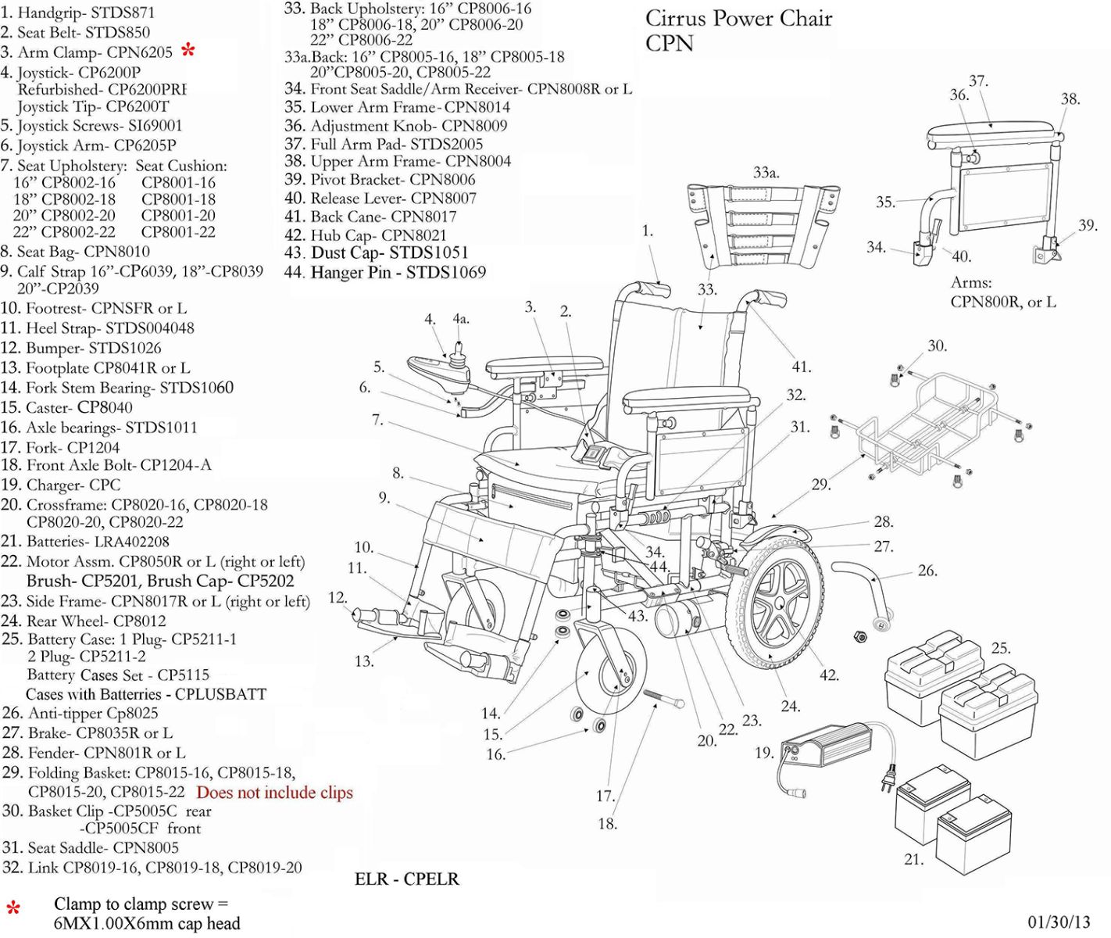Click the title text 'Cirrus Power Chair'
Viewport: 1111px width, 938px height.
coord(738,19)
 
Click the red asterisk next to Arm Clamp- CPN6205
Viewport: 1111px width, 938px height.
coord(188,52)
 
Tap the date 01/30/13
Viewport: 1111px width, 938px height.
coord(1058,922)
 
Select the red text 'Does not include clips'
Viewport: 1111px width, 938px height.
coord(274,793)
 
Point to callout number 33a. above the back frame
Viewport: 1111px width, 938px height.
coord(766,173)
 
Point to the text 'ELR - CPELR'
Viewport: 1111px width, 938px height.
coord(406,879)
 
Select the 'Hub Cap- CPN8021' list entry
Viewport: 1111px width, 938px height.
coord(366,235)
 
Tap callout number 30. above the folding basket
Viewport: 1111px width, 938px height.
coord(937,345)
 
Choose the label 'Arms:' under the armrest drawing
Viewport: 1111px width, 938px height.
coord(971,282)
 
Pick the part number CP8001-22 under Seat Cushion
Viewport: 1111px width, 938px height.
coord(178,232)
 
